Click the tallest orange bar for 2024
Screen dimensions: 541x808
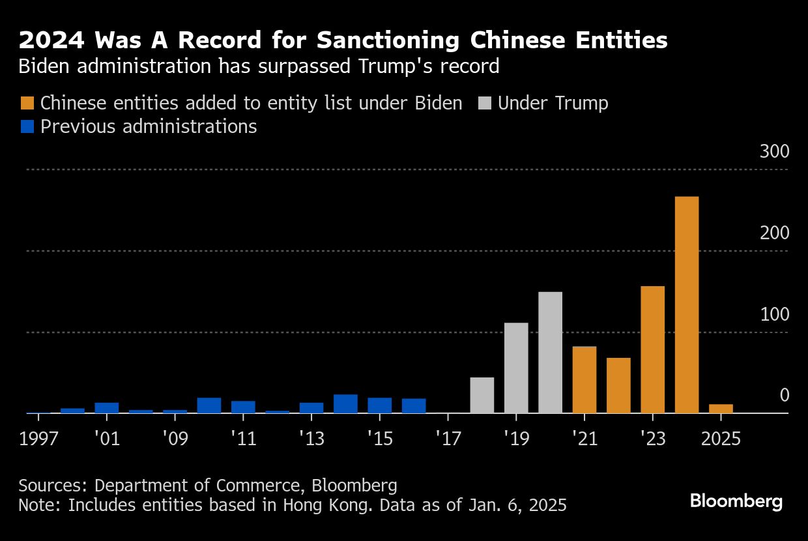687,304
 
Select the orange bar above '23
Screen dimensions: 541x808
652,349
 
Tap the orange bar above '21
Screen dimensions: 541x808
584,379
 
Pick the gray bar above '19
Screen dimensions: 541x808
516,368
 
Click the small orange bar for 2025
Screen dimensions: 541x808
721,409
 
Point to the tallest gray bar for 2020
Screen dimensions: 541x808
550,352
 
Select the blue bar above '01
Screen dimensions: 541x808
106,407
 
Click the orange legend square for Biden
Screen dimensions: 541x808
27,103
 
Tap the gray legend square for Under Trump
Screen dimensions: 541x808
484,103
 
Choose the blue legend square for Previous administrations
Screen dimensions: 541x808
27,126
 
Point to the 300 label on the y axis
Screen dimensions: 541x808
774,152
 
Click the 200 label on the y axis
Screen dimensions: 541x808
774,233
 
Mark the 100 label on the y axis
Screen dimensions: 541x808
774,315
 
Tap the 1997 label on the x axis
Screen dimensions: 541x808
38,439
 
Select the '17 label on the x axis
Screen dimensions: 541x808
448,439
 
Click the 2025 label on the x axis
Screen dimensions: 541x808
721,439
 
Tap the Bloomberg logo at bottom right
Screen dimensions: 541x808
736,501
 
